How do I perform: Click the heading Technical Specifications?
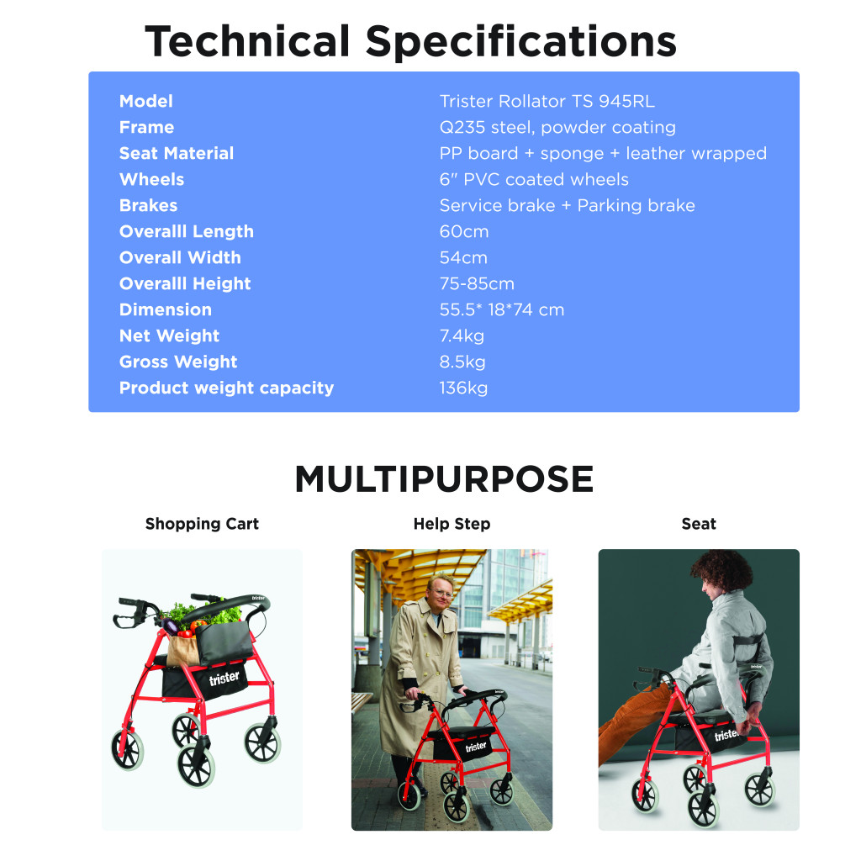[x=410, y=41]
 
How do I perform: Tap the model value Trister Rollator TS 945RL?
[x=547, y=102]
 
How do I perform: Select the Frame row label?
[x=146, y=128]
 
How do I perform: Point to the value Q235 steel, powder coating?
[x=557, y=128]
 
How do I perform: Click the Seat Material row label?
[x=177, y=154]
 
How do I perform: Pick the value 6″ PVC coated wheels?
[x=534, y=180]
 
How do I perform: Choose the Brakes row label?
[x=148, y=206]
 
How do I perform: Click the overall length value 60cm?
[x=463, y=232]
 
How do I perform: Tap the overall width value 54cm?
[x=463, y=258]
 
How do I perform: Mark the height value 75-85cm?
[x=477, y=284]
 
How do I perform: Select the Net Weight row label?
[x=169, y=336]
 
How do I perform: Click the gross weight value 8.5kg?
[x=462, y=362]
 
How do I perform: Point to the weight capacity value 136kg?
[x=463, y=388]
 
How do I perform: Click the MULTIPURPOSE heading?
[x=444, y=479]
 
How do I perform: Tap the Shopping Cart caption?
[x=202, y=524]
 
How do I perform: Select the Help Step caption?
[x=452, y=524]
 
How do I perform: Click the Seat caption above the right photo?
[x=699, y=524]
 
